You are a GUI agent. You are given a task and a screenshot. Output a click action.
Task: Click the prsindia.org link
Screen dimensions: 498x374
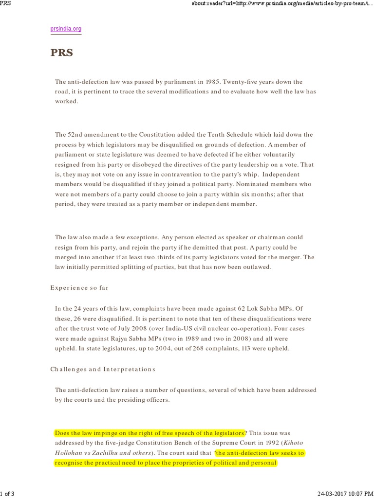coord(66,29)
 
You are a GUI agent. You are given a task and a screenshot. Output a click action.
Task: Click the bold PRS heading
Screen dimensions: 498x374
coord(61,53)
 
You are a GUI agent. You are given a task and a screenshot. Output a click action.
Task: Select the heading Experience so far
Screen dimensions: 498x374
coord(79,287)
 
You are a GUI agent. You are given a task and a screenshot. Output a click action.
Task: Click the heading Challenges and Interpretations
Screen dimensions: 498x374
coord(103,369)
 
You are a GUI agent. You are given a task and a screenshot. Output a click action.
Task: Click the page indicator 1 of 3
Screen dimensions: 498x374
coord(7,494)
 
